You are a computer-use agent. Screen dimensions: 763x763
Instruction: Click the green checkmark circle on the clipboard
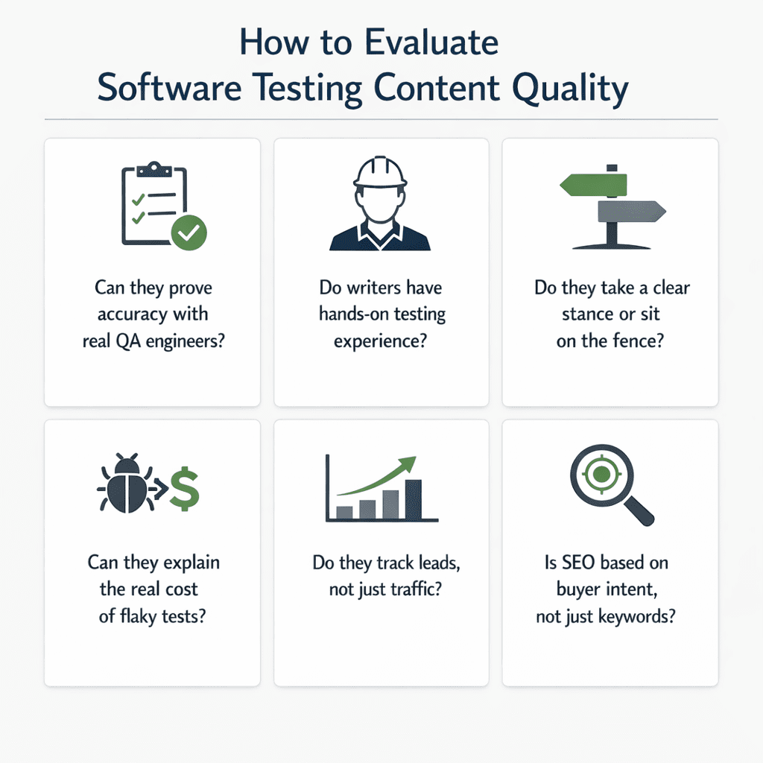tap(189, 232)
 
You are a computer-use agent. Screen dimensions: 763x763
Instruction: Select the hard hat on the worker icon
tap(380, 173)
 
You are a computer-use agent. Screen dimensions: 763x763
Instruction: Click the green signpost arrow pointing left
tap(593, 184)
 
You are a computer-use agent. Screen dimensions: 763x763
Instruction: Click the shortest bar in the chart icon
tap(344, 512)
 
